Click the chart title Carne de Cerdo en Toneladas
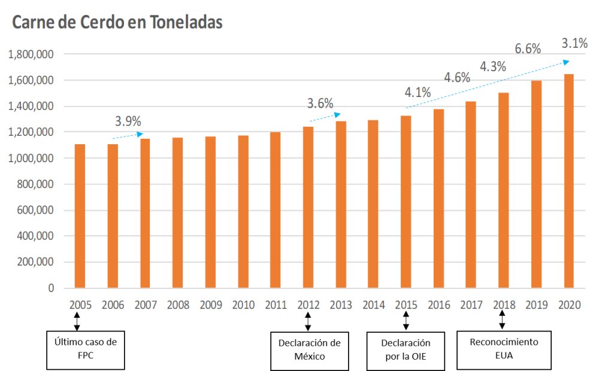click(x=117, y=22)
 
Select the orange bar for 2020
click(x=568, y=181)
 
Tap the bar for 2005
click(x=80, y=216)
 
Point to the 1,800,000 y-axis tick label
click(x=31, y=54)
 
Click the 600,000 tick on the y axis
click(x=35, y=210)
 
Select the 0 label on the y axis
click(x=51, y=288)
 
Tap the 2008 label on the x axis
click(x=178, y=305)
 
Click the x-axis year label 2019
click(x=536, y=305)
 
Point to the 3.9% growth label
click(x=128, y=121)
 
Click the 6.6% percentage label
click(x=528, y=49)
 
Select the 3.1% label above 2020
click(x=574, y=43)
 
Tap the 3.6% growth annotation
click(x=320, y=103)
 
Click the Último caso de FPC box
click(x=86, y=349)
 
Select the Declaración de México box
click(x=310, y=349)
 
